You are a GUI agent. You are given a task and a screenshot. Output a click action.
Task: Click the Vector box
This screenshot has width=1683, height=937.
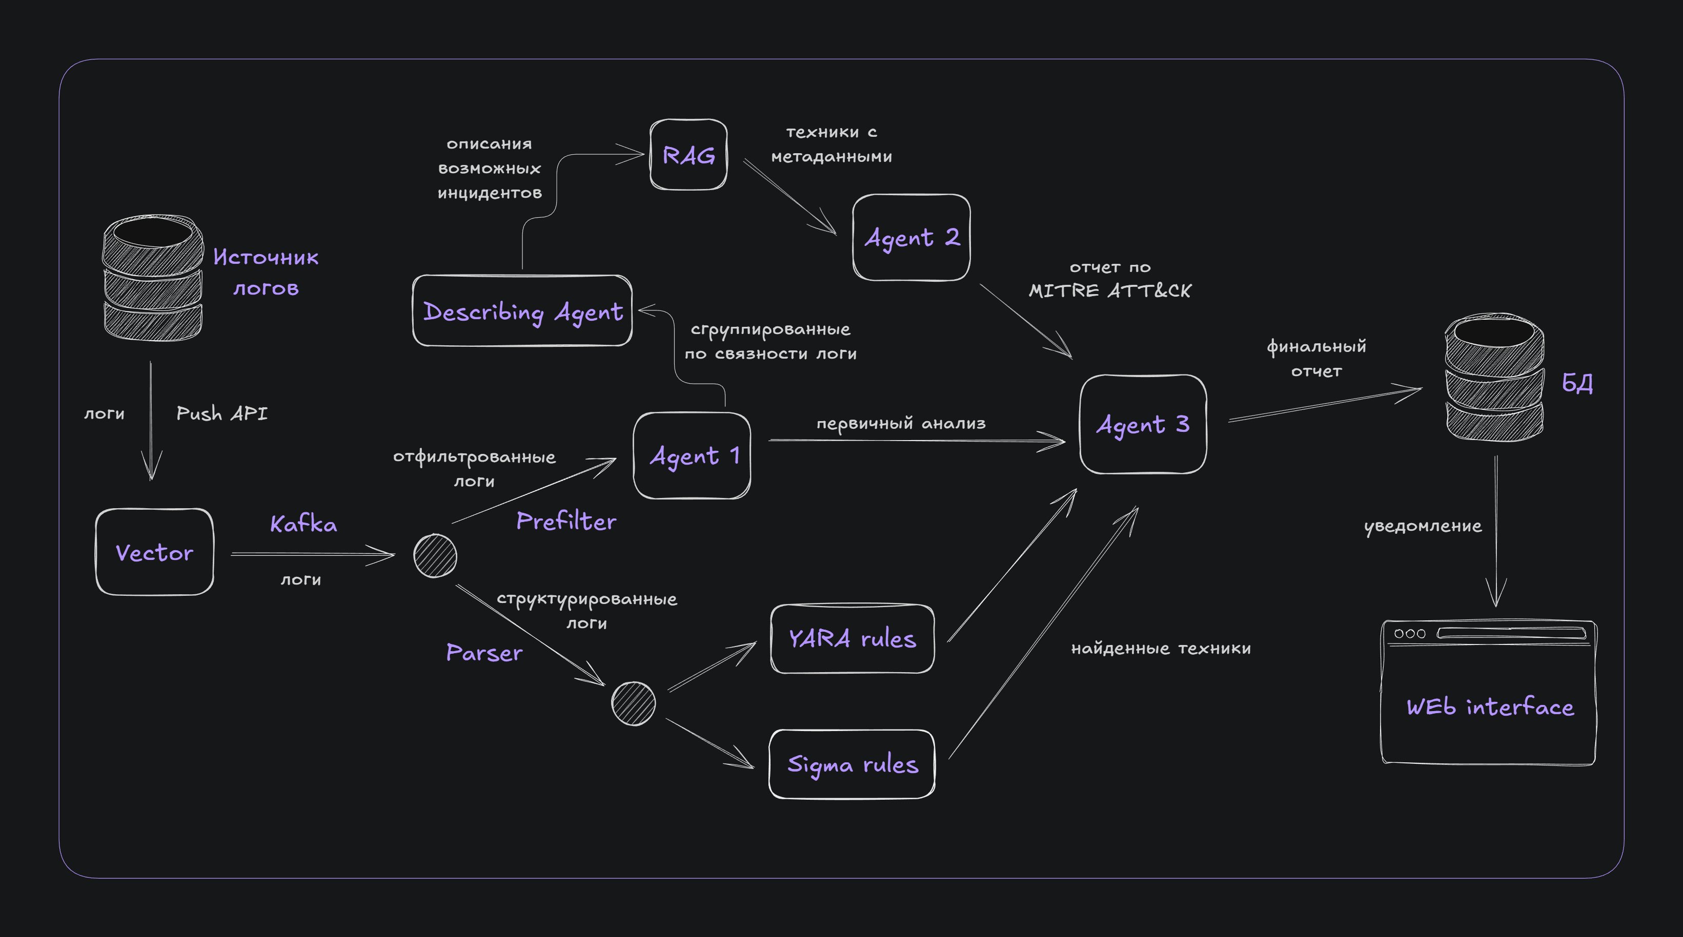pyautogui.click(x=154, y=552)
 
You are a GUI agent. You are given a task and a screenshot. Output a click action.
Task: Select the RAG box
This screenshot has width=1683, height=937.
pyautogui.click(x=688, y=155)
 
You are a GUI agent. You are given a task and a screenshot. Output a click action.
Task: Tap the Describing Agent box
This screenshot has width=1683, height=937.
pyautogui.click(x=522, y=311)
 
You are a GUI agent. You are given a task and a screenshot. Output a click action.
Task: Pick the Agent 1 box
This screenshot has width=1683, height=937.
pyautogui.click(x=692, y=455)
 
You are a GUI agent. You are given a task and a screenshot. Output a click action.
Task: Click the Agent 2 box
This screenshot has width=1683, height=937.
pyautogui.click(x=911, y=238)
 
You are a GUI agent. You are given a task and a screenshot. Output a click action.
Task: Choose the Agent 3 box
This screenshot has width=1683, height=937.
pyautogui.click(x=1143, y=424)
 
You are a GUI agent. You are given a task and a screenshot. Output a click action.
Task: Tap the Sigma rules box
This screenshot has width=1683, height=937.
pyautogui.click(x=852, y=764)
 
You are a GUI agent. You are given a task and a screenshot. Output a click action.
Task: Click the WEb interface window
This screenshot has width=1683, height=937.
pyautogui.click(x=1488, y=692)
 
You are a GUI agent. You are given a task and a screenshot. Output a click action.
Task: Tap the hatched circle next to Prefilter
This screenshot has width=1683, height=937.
pyautogui.click(x=435, y=556)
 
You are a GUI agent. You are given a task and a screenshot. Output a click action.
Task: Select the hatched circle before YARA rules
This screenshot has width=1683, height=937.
pyautogui.click(x=633, y=703)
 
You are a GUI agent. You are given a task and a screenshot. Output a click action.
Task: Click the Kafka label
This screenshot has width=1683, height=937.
pyautogui.click(x=304, y=524)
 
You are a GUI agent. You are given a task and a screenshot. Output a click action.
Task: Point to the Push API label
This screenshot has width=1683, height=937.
pyautogui.click(x=222, y=413)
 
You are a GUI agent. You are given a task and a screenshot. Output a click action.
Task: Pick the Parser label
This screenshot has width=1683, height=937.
pyautogui.click(x=484, y=652)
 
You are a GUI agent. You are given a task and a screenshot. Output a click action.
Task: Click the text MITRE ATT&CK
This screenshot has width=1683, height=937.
pyautogui.click(x=1110, y=290)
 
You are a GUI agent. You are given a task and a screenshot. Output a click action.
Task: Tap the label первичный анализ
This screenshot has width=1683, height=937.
pyautogui.click(x=901, y=424)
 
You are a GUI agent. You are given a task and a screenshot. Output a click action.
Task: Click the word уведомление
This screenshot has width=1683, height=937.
pyautogui.click(x=1423, y=526)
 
